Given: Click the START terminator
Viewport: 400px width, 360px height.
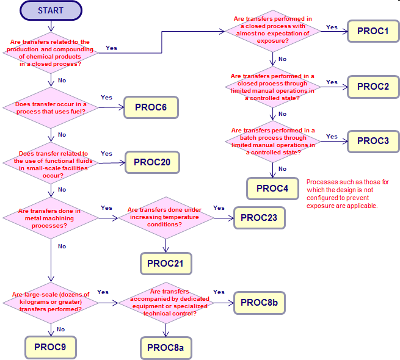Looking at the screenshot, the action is (51, 10).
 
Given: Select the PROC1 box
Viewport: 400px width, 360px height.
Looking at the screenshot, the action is (373, 31).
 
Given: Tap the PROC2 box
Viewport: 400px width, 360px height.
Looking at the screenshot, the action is (373, 87).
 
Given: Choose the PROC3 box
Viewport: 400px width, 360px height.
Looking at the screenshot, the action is (373, 141).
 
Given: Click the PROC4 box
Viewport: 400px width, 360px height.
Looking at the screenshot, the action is (272, 189).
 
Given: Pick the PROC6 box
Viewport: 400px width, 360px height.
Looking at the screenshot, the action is (151, 107).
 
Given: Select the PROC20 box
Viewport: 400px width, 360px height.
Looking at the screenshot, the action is (152, 162).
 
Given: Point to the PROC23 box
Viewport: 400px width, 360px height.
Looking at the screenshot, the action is (259, 218).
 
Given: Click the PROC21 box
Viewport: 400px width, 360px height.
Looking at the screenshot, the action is (166, 264).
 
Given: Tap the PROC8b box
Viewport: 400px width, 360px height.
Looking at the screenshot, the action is (259, 303).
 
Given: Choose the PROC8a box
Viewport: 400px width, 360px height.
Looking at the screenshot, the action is (166, 348).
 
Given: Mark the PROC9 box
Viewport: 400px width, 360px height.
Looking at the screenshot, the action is (51, 347).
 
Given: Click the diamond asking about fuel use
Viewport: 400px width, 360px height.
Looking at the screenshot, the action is (51, 108).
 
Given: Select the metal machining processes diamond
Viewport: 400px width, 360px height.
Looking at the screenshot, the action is (51, 218).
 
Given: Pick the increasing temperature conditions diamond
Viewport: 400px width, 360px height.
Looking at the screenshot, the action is (166, 218).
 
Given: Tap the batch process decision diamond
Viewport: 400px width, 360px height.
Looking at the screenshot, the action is (273, 142).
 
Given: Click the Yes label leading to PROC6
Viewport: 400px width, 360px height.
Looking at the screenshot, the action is (106, 98).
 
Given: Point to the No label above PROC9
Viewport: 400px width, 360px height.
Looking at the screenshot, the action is (60, 329).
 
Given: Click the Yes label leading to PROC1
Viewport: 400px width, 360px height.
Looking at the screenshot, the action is (332, 27).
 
